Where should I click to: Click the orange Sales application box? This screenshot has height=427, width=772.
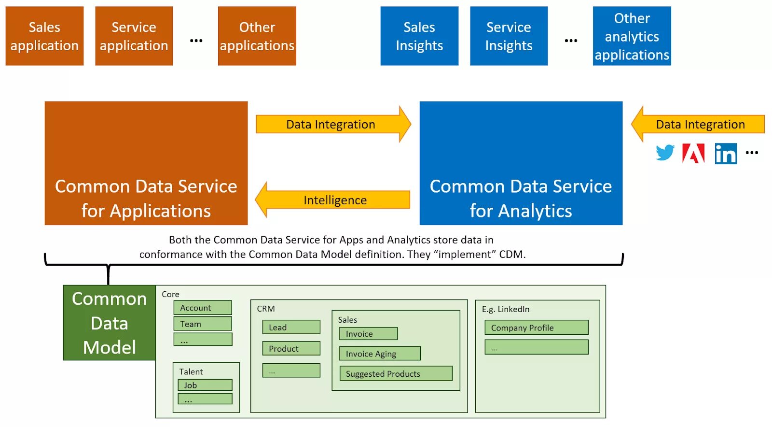[44, 36]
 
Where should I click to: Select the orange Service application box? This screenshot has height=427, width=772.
[134, 36]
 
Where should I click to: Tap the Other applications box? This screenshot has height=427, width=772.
[257, 36]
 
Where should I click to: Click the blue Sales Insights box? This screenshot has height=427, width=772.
[419, 36]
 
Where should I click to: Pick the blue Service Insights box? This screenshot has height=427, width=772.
[509, 36]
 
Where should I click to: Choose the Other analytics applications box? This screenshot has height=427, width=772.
[632, 36]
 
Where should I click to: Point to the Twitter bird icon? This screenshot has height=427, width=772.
[665, 153]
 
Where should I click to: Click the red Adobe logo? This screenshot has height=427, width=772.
[693, 154]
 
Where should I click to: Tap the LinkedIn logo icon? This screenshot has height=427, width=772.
[726, 154]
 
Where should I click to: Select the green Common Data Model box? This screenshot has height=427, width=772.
[110, 323]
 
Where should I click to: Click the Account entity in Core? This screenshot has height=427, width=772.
[203, 308]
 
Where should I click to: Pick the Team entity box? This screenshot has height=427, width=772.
[203, 324]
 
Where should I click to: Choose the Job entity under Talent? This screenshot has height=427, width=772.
[205, 385]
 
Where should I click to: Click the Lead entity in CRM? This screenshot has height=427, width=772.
[291, 327]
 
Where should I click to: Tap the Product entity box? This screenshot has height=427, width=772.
[291, 348]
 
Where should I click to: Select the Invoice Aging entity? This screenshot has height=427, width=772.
[380, 354]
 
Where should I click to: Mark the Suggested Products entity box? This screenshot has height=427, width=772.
[396, 373]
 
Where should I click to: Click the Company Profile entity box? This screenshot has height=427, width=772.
[536, 327]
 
